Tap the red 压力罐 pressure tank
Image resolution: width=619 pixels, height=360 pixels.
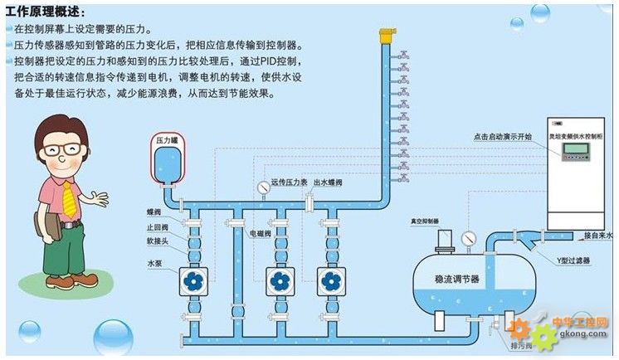(x=168, y=161)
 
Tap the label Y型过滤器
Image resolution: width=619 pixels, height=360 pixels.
(x=573, y=260)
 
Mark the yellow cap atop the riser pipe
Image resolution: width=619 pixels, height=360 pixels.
(x=384, y=36)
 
